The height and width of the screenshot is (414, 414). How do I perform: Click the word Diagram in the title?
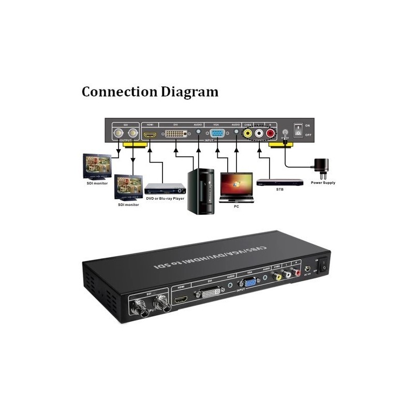pyautogui.click(x=189, y=93)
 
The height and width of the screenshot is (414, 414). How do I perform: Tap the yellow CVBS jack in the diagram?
pyautogui.click(x=249, y=134)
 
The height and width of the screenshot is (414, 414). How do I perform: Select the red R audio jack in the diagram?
pyautogui.click(x=270, y=134)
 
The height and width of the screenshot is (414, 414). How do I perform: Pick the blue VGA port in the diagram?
pyautogui.click(x=217, y=134)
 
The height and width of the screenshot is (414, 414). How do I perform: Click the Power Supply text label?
pyautogui.click(x=323, y=183)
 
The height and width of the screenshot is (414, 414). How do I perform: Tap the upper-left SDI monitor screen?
pyautogui.click(x=97, y=165)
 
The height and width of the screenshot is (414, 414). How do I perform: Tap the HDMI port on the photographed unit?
pyautogui.click(x=182, y=300)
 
